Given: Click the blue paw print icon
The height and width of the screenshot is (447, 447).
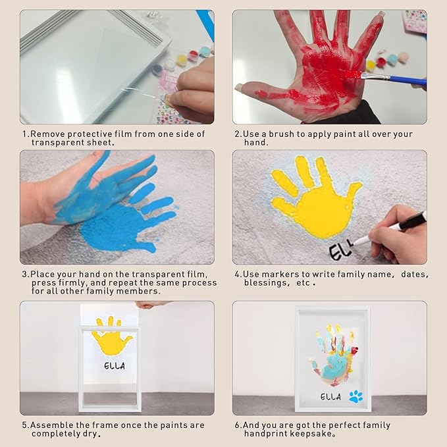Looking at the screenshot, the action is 355,397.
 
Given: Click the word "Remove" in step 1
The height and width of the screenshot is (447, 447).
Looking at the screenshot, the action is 47,134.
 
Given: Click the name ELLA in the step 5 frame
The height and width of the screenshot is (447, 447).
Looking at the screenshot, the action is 115,366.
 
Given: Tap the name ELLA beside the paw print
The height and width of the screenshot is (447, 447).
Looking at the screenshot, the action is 330,396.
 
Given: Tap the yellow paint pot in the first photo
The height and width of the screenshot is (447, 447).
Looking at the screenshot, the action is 181,60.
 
